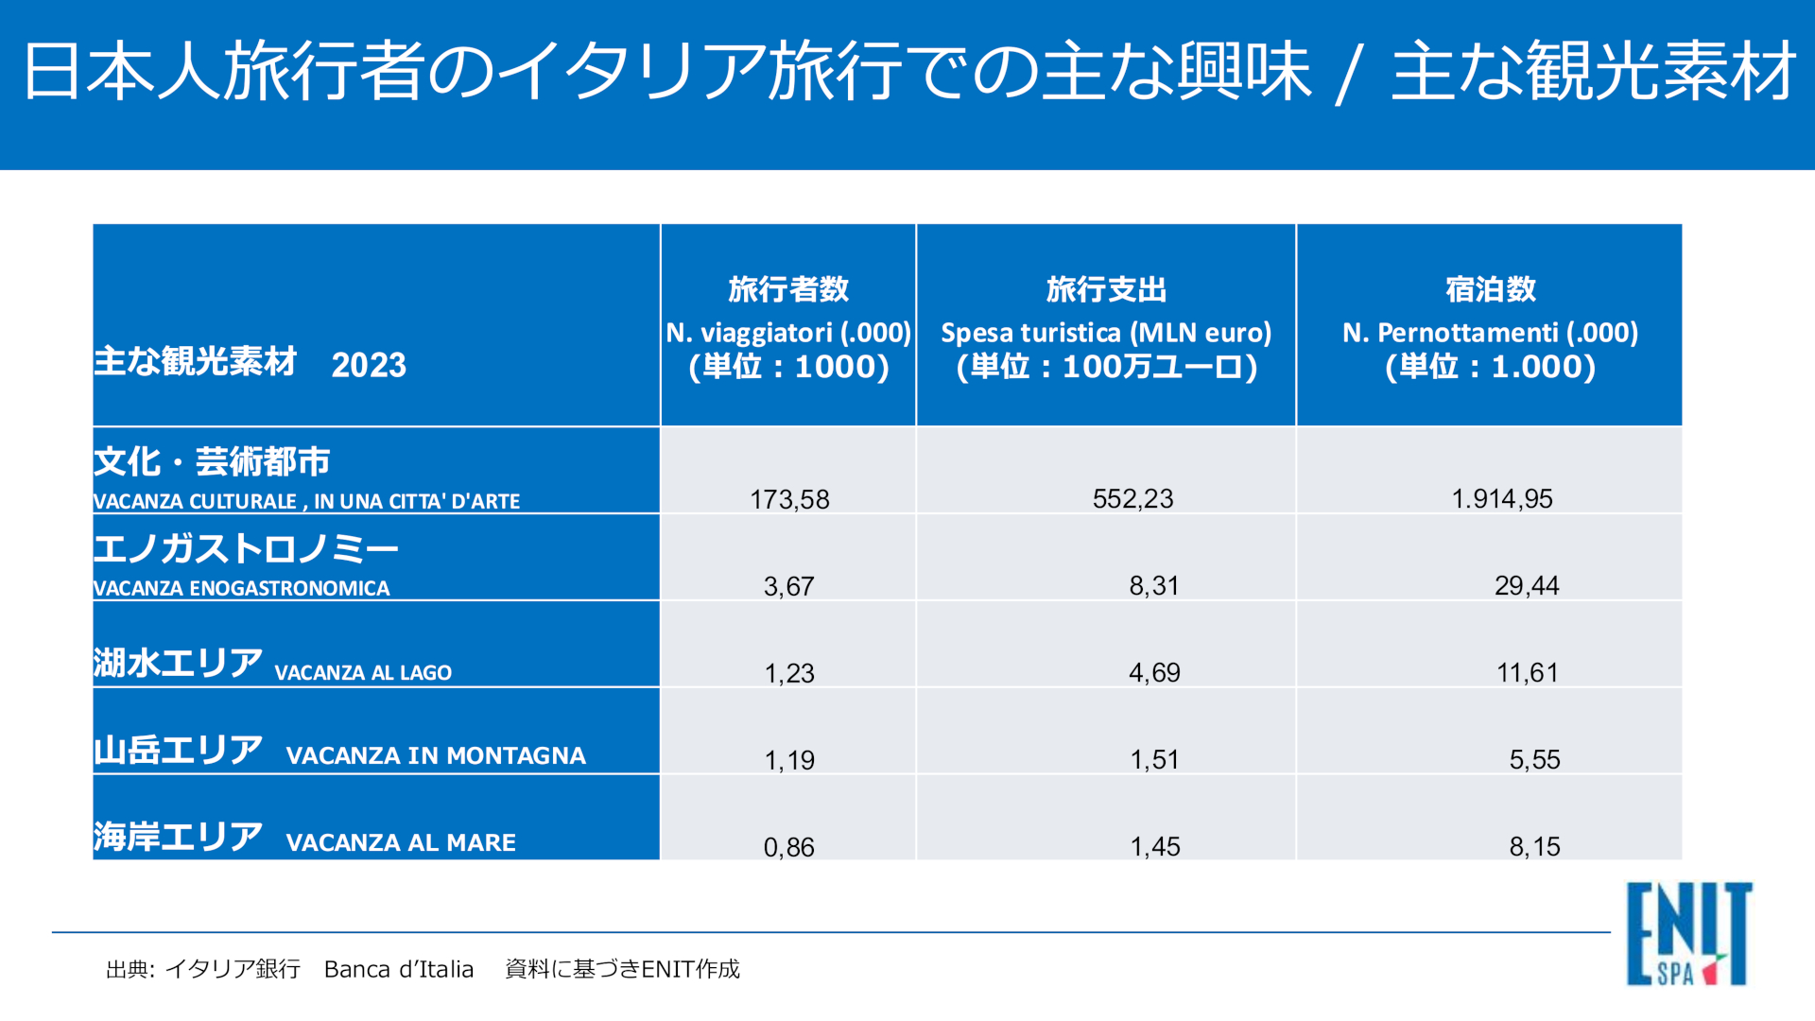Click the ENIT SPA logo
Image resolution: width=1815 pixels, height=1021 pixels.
pyautogui.click(x=1688, y=934)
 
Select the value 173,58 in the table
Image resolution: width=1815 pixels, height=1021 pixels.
pyautogui.click(x=789, y=499)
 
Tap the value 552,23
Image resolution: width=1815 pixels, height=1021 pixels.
pyautogui.click(x=1132, y=498)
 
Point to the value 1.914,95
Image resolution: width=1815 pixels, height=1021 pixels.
pyautogui.click(x=1501, y=498)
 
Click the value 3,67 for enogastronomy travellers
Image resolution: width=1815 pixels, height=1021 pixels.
pyautogui.click(x=788, y=586)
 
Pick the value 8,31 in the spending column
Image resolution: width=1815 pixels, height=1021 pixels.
pyautogui.click(x=1153, y=585)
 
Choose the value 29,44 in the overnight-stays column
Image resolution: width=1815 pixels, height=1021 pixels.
pyautogui.click(x=1526, y=585)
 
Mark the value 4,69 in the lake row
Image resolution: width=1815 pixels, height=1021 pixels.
pyautogui.click(x=1153, y=672)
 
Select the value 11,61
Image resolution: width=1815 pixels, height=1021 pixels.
pyautogui.click(x=1527, y=672)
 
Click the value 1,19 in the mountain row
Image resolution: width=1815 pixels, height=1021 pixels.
pyautogui.click(x=788, y=760)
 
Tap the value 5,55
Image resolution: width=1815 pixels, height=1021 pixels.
pyautogui.click(x=1533, y=759)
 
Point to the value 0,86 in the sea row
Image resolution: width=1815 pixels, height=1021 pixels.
pyautogui.click(x=788, y=847)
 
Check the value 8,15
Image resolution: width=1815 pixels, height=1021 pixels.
pyautogui.click(x=1533, y=846)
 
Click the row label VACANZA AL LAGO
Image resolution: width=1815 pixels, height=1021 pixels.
pyautogui.click(x=363, y=672)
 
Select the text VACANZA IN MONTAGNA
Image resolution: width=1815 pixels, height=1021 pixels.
pyautogui.click(x=436, y=755)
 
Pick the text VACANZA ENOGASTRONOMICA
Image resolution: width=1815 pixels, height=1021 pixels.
pyautogui.click(x=241, y=588)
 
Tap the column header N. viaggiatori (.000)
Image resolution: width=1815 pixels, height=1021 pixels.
pyautogui.click(x=788, y=333)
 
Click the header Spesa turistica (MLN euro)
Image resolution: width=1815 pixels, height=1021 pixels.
pyautogui.click(x=1106, y=333)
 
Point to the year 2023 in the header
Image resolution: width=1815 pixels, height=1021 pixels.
pyautogui.click(x=369, y=365)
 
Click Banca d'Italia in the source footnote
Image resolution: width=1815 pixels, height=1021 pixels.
pyautogui.click(x=398, y=969)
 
